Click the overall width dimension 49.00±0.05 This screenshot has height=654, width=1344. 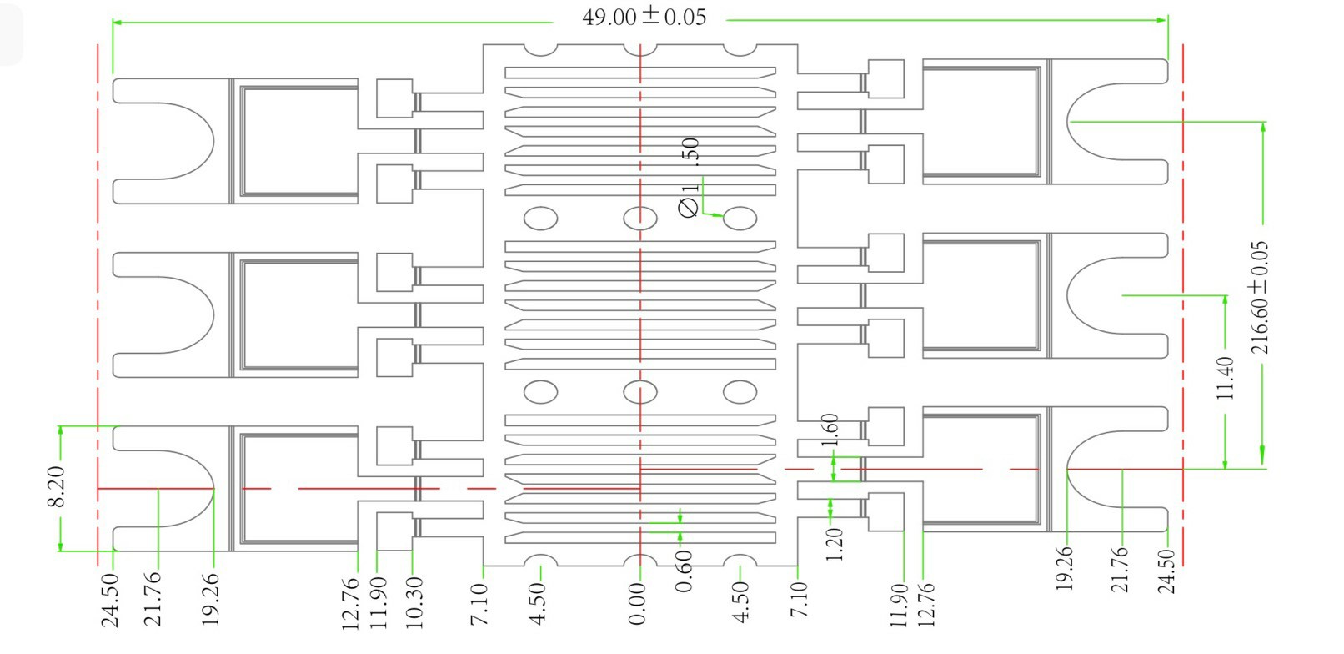click(x=644, y=17)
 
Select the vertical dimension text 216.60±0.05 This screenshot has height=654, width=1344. click(x=1260, y=297)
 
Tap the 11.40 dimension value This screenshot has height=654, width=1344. click(x=1225, y=378)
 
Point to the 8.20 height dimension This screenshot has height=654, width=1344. click(x=56, y=487)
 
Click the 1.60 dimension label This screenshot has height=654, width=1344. click(x=830, y=430)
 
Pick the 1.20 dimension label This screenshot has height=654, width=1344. click(x=834, y=544)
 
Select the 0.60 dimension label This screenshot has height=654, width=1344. click(x=683, y=571)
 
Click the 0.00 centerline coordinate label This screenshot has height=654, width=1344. click(x=637, y=605)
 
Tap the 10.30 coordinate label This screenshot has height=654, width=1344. click(x=414, y=602)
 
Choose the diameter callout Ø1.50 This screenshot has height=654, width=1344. click(x=690, y=178)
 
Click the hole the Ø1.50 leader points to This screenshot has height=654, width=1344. click(x=740, y=219)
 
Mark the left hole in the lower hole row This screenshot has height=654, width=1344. click(x=540, y=391)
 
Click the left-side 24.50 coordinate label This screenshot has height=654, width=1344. click(x=110, y=599)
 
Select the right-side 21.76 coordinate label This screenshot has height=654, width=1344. click(x=1120, y=569)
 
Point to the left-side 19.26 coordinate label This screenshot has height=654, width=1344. click(x=210, y=599)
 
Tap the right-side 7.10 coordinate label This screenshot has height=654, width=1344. click(x=799, y=600)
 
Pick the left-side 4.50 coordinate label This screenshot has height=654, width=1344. click(x=539, y=603)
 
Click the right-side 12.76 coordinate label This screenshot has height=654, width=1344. click(x=925, y=605)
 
